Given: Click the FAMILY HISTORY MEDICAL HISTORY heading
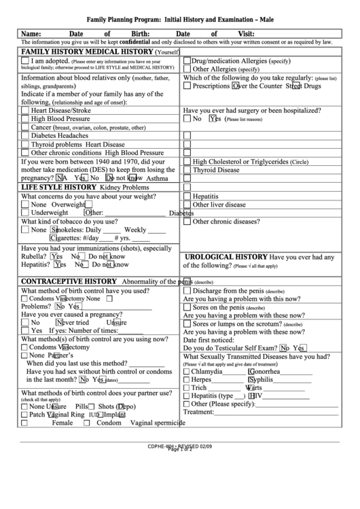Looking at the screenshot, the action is point(88,52).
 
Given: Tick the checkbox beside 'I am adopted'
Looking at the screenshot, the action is point(25,60).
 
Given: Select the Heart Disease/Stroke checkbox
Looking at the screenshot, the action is point(25,110).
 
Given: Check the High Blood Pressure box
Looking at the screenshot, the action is point(25,119).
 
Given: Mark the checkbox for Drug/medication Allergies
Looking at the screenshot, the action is point(187,60).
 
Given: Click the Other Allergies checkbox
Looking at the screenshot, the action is point(187,69).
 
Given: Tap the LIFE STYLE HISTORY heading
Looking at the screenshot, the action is point(58,187).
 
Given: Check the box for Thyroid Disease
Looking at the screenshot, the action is point(187,171).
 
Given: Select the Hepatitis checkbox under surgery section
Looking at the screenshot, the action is point(187,196).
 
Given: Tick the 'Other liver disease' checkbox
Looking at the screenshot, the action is point(187,205).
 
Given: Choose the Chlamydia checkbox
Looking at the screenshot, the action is point(187,372).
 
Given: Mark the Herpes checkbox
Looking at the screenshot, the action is point(187,380).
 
